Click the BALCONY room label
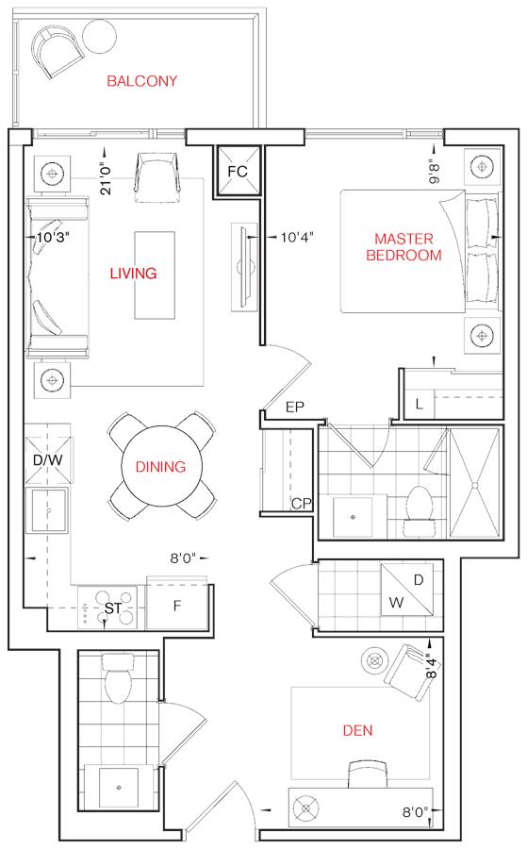141,81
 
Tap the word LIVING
133,274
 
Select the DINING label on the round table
160,467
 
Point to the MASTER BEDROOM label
403,247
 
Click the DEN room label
357,730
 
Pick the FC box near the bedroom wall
239,172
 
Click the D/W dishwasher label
48,460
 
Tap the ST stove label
112,608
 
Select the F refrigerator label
177,606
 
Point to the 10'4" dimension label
297,237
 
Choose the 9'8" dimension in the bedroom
435,171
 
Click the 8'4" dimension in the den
431,667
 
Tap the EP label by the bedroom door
295,408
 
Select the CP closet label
302,504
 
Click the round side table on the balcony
100,37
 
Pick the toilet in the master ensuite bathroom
420,510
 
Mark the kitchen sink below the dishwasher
48,510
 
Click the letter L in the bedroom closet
420,404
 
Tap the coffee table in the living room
155,275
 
